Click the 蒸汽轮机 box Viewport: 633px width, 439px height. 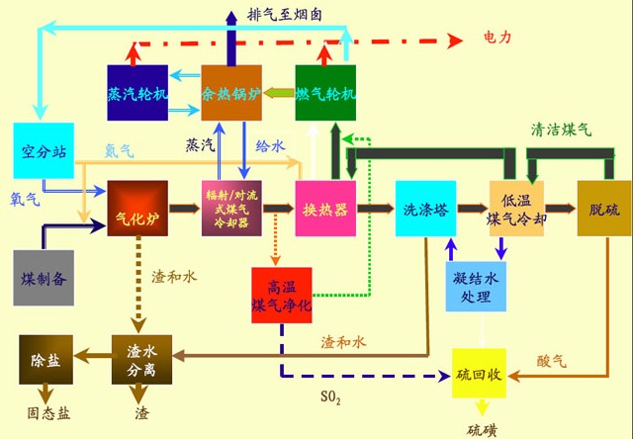[x=137, y=93]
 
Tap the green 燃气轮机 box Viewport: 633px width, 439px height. [x=324, y=93]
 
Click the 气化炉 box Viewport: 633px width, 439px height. [x=133, y=209]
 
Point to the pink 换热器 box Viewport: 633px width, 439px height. [x=325, y=209]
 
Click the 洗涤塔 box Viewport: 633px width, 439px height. [x=425, y=209]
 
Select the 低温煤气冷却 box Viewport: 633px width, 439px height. [x=517, y=209]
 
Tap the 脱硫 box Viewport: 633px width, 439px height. [x=603, y=209]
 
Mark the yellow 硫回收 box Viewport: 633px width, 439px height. [x=480, y=373]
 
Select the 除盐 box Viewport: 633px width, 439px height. [x=45, y=360]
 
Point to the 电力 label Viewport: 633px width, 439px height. [x=497, y=38]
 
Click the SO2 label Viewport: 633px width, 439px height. [x=330, y=398]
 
